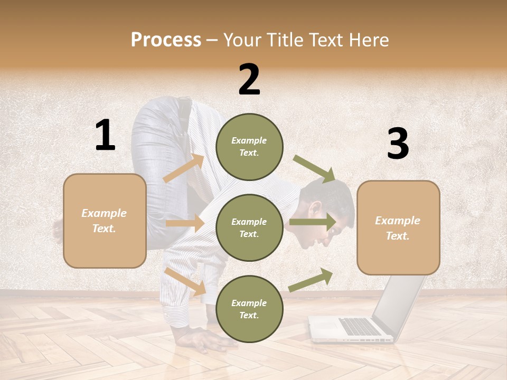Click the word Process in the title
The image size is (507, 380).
pyautogui.click(x=166, y=40)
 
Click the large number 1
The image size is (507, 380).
pyautogui.click(x=105, y=136)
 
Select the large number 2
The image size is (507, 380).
pyautogui.click(x=249, y=80)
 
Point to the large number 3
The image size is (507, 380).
pyautogui.click(x=398, y=144)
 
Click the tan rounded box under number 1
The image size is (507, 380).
pyautogui.click(x=105, y=221)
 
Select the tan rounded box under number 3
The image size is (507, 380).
pyautogui.click(x=398, y=228)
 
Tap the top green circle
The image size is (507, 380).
pyautogui.click(x=249, y=147)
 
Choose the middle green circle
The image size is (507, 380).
pyautogui.click(x=249, y=227)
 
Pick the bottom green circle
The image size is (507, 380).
pyautogui.click(x=249, y=309)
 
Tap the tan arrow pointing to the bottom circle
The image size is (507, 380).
pyautogui.click(x=185, y=281)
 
